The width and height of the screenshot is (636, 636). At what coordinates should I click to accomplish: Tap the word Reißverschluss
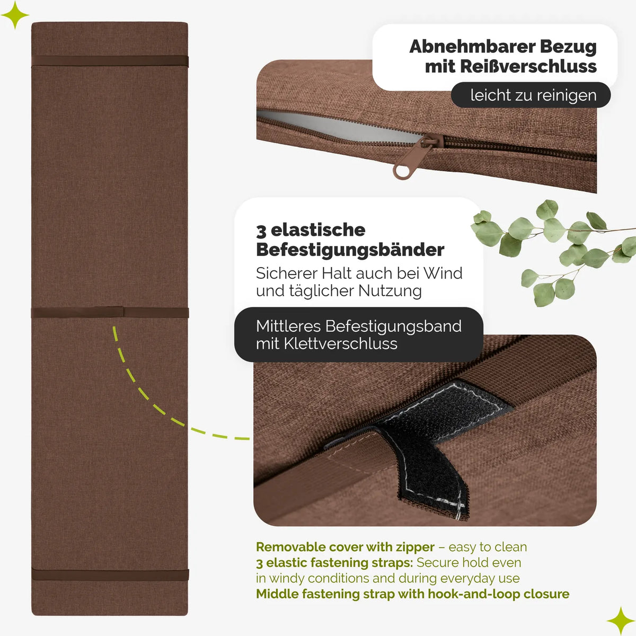tap(528, 66)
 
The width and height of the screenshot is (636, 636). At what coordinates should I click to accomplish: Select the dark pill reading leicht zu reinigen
tap(531, 95)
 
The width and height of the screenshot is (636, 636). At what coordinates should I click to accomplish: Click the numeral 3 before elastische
tap(261, 231)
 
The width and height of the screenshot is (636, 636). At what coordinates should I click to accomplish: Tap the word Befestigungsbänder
tap(350, 250)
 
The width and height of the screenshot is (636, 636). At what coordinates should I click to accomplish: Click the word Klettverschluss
tap(340, 343)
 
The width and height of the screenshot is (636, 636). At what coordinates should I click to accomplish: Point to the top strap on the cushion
tap(110, 61)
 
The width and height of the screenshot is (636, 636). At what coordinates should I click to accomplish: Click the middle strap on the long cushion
tap(110, 312)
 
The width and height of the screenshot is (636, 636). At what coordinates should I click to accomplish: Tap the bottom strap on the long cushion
tap(110, 575)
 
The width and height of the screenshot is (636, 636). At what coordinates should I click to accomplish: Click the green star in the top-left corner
tap(15, 15)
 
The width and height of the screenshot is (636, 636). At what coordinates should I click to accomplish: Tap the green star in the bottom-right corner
tap(621, 621)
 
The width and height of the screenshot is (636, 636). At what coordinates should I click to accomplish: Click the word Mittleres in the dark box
tap(288, 326)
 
